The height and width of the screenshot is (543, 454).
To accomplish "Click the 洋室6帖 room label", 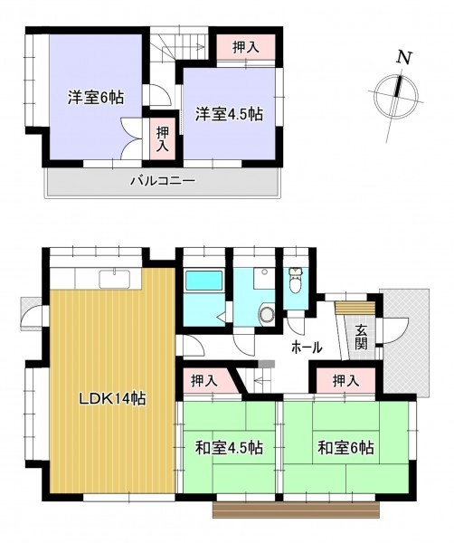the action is point(96,98).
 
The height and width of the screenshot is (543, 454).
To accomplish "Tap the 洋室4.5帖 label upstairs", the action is point(229,114).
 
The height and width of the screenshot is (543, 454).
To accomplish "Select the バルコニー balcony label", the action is point(163,180).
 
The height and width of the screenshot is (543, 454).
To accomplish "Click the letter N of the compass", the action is point(404,58).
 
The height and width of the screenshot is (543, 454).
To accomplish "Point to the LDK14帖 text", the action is point(113,399).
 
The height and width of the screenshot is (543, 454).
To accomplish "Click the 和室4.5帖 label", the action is point(229,448).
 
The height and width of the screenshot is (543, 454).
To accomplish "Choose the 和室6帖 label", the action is point(345,448).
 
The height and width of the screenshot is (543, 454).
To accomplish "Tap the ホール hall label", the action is point(307,347).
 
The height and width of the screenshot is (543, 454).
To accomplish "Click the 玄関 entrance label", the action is point(361,338).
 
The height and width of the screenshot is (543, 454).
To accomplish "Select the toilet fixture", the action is point(295,280).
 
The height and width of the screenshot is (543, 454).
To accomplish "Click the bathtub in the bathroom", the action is point(203,281).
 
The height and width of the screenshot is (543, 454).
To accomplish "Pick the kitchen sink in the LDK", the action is point(115,279).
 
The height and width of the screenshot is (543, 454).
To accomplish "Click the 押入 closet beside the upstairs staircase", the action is point(246,47).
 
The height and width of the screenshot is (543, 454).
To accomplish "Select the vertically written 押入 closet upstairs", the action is point(162,138).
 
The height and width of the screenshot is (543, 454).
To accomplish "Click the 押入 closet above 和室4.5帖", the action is point(207,381).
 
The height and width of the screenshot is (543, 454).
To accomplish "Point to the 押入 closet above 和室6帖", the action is point(346,381).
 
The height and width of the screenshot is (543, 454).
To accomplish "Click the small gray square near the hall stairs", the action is point(267,364).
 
